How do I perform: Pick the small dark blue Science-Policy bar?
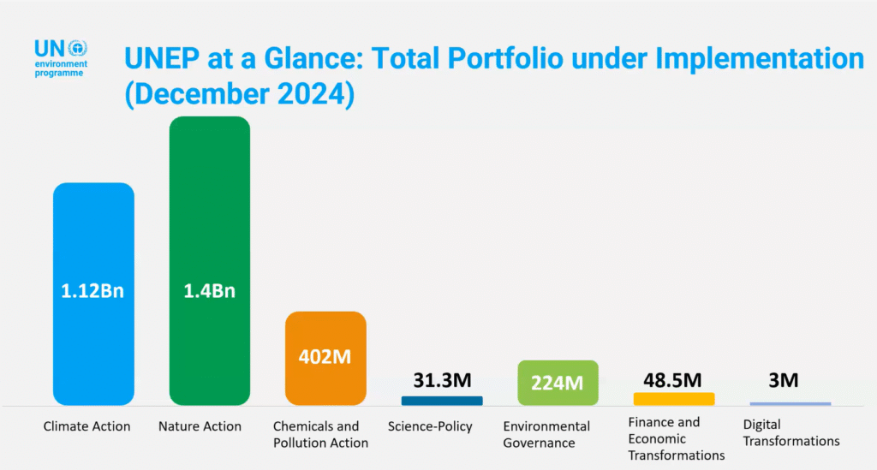point(442,400)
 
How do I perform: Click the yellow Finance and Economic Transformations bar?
point(674,399)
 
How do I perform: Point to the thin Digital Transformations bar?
point(790,403)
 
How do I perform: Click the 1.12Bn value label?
point(93,290)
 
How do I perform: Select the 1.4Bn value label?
point(209,290)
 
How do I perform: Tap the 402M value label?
point(325,356)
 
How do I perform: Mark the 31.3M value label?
point(442,380)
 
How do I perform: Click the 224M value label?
point(558,382)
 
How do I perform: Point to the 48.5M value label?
point(673,379)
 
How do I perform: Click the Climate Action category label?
point(87,426)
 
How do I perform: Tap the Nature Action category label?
point(200,426)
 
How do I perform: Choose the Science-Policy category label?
point(430,426)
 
